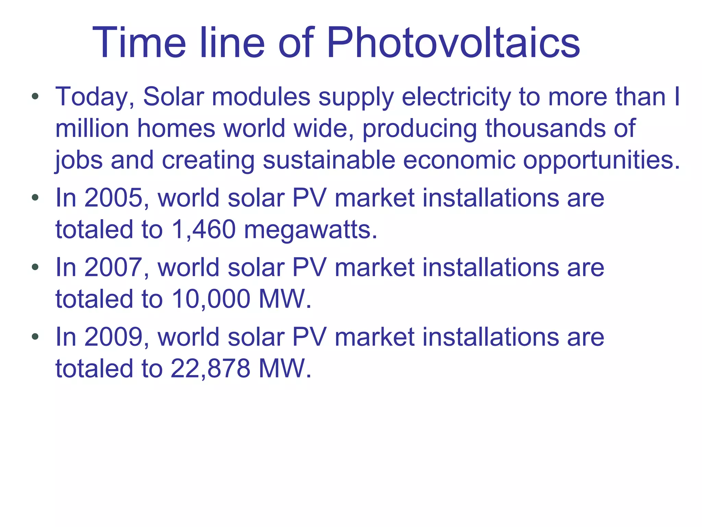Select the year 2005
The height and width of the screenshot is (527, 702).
tap(113, 198)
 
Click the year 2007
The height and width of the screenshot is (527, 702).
tap(113, 267)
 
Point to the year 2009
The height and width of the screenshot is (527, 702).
tap(113, 337)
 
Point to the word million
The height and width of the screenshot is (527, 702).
tap(92, 128)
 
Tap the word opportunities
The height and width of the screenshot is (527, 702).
tap(601, 161)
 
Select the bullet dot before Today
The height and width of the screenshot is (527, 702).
tap(35, 96)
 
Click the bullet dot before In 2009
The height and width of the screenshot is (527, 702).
tap(35, 337)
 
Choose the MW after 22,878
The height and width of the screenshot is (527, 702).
tap(284, 368)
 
